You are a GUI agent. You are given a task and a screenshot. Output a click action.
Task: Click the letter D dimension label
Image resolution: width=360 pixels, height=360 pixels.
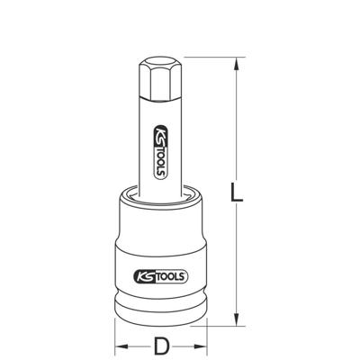pos(160,345)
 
